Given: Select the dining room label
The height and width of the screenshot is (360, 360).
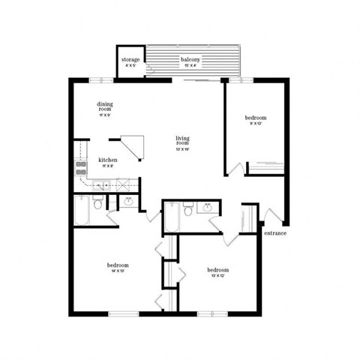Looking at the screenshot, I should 104,106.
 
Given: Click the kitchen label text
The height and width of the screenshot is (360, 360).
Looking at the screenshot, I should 106,160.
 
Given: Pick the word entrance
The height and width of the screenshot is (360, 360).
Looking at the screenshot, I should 275,232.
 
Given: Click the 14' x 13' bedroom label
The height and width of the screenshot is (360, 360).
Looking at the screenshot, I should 118,266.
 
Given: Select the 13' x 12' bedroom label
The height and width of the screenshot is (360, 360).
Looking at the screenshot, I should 217,269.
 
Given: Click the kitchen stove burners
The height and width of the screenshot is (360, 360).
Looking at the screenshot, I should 79,169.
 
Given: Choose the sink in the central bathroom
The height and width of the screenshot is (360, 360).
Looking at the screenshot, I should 205,206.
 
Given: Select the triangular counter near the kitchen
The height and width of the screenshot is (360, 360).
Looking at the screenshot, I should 128,145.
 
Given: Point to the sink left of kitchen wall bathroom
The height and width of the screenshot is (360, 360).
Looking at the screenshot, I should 128,201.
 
